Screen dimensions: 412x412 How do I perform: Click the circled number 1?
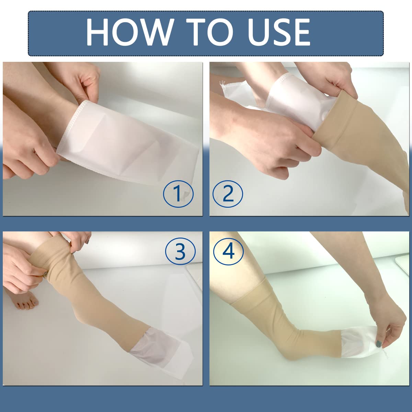pos(178,194)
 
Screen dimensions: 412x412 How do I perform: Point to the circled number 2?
pos(228,194)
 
